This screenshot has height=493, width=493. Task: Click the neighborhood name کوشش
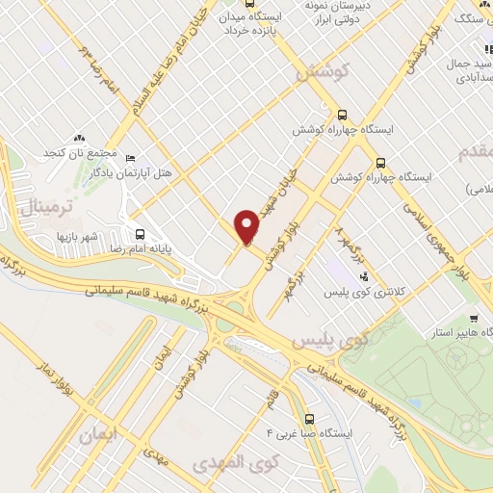point(320,73)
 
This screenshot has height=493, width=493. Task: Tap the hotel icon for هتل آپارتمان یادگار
point(131,158)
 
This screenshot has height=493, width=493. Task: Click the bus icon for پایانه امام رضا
point(142,233)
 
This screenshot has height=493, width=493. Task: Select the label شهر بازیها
point(78,236)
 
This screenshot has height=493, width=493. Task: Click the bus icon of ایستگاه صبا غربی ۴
point(309,419)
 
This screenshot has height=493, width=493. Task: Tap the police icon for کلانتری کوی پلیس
point(362,277)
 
